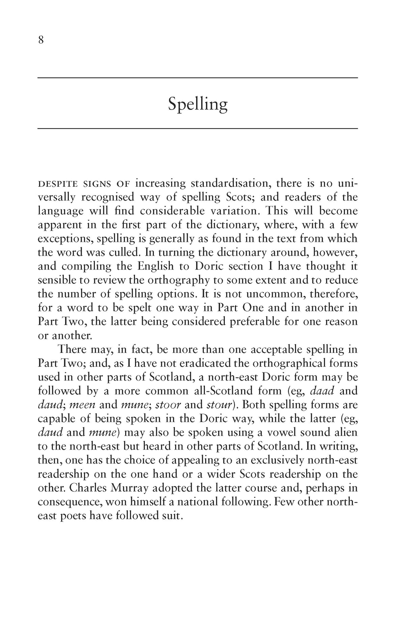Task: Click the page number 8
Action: point(41,40)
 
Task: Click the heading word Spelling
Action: point(198,104)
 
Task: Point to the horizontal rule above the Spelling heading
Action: point(198,78)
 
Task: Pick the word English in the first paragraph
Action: point(156,266)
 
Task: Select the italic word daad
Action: point(322,391)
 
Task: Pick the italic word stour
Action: point(220,405)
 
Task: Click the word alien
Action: point(342,433)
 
